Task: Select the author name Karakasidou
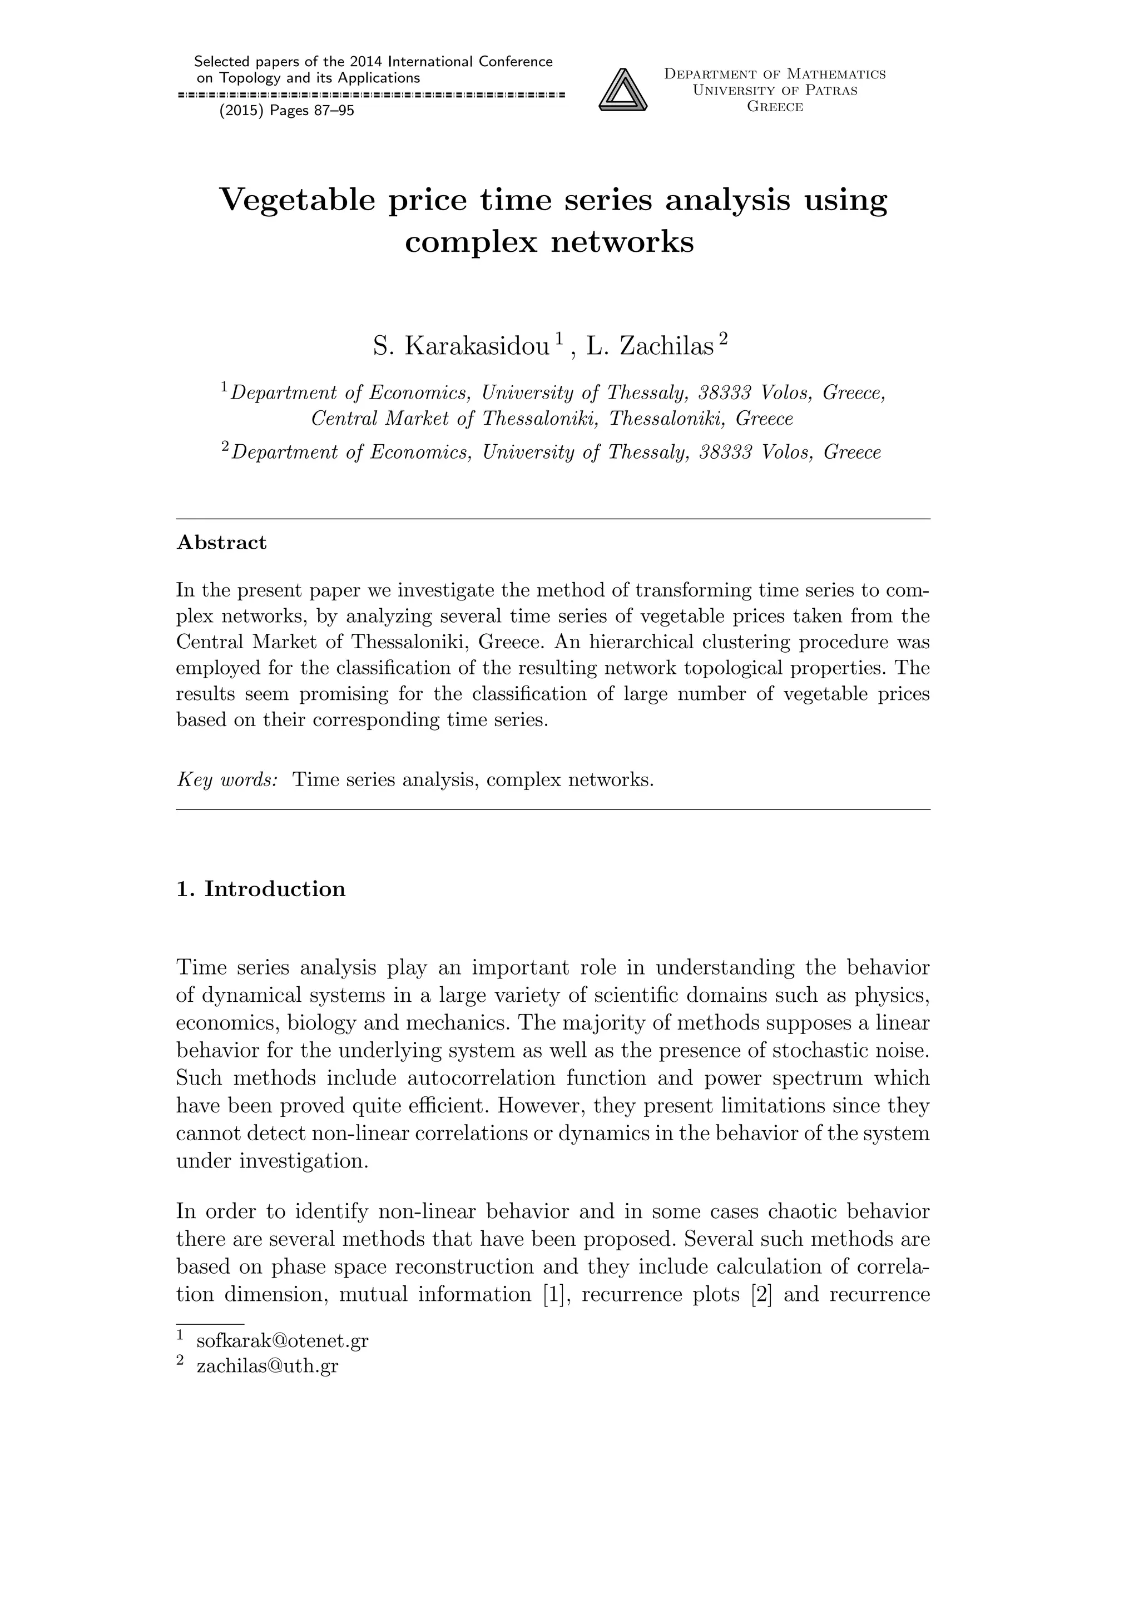coord(477,346)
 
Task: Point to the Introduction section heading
coord(274,889)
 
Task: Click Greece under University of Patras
coord(775,107)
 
